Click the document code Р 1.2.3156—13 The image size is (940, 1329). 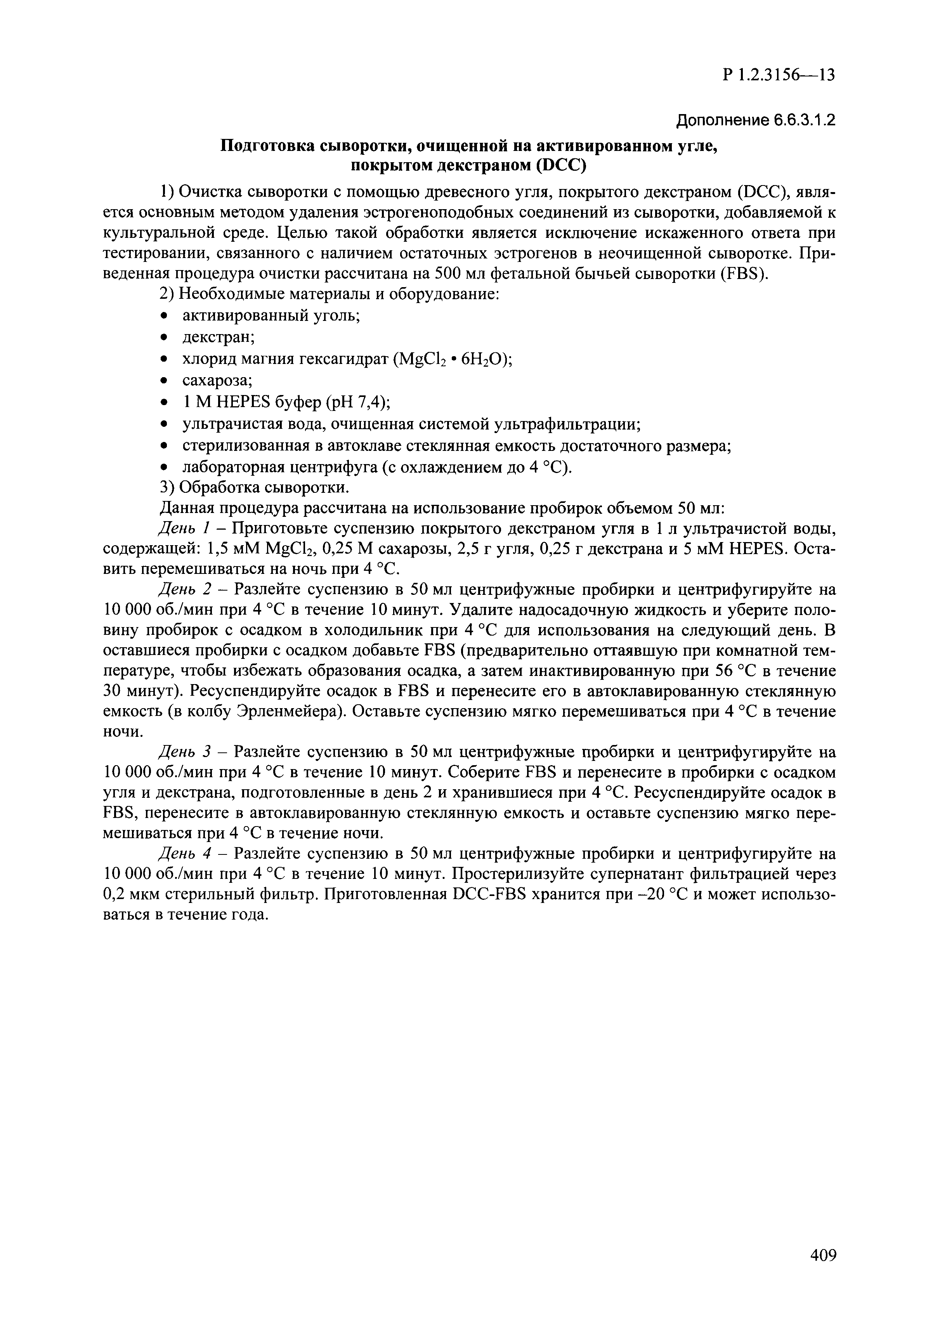click(x=779, y=76)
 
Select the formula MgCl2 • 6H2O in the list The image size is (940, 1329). click(x=453, y=359)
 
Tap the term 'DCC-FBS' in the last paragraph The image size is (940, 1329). click(x=491, y=894)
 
